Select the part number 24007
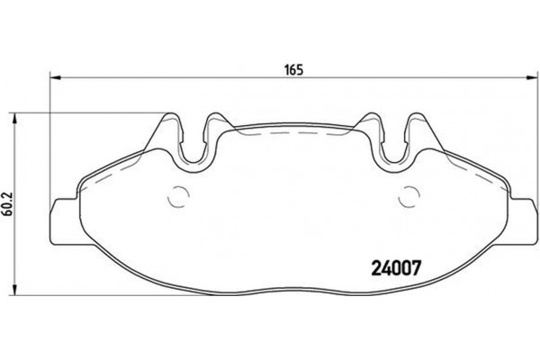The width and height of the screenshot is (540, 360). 397,266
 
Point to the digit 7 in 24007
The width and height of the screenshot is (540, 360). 417,266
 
